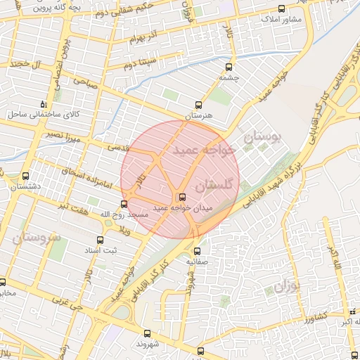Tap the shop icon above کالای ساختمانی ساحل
44,103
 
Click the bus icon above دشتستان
26,176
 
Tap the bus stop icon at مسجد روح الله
124,204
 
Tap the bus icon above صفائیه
196,250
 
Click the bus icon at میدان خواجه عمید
183,196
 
